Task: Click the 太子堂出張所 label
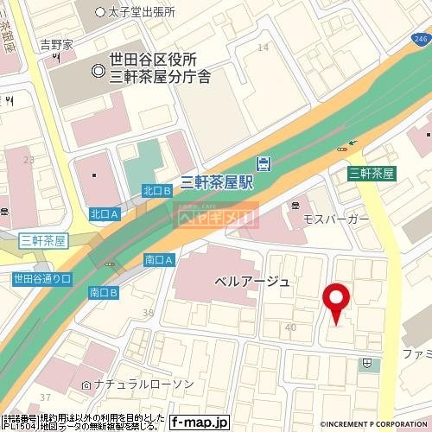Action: pyautogui.click(x=142, y=12)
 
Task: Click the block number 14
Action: pyautogui.click(x=263, y=47)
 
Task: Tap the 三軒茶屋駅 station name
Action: pyautogui.click(x=217, y=181)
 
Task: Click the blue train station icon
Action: pyautogui.click(x=263, y=163)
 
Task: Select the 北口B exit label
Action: pyautogui.click(x=156, y=190)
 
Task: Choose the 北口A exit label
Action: pyautogui.click(x=103, y=213)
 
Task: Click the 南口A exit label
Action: pyautogui.click(x=159, y=259)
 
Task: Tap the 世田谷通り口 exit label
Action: pyautogui.click(x=41, y=278)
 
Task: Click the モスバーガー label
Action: pyautogui.click(x=335, y=220)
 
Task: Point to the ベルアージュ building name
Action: pyautogui.click(x=252, y=283)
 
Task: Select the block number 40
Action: pyautogui.click(x=289, y=327)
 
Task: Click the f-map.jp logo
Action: pyautogui.click(x=199, y=422)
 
